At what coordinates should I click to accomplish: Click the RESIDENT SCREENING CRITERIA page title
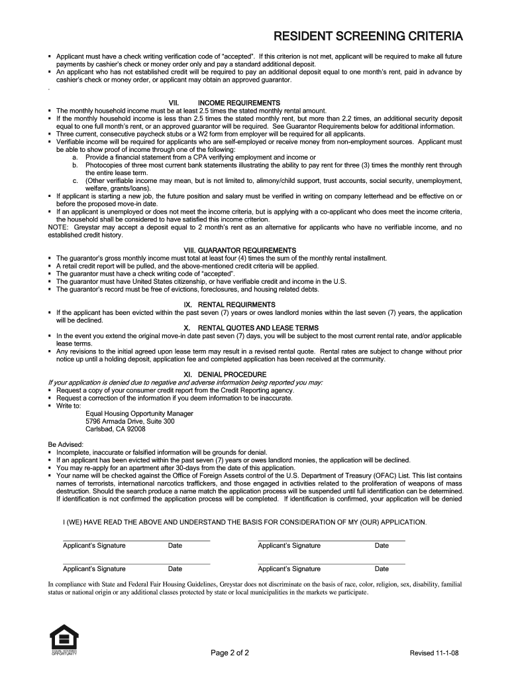click(x=369, y=36)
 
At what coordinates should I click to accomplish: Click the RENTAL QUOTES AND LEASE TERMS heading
click(x=251, y=328)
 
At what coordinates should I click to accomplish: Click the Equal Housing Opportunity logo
click(x=64, y=641)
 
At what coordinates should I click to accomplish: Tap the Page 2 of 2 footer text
click(x=230, y=653)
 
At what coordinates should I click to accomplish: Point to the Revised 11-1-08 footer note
click(x=434, y=653)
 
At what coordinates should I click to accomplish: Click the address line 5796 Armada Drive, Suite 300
click(x=130, y=421)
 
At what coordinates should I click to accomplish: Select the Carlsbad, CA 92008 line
click(x=116, y=429)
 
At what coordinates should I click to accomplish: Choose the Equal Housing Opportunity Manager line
click(x=140, y=413)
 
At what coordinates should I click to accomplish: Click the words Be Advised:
click(x=66, y=444)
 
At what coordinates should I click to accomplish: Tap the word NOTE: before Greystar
click(x=60, y=227)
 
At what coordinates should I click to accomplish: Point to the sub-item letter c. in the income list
click(x=76, y=180)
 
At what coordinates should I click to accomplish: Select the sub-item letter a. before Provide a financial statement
click(x=76, y=156)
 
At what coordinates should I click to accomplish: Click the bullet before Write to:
click(x=51, y=406)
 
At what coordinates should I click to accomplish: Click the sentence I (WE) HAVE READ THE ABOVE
click(x=244, y=522)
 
